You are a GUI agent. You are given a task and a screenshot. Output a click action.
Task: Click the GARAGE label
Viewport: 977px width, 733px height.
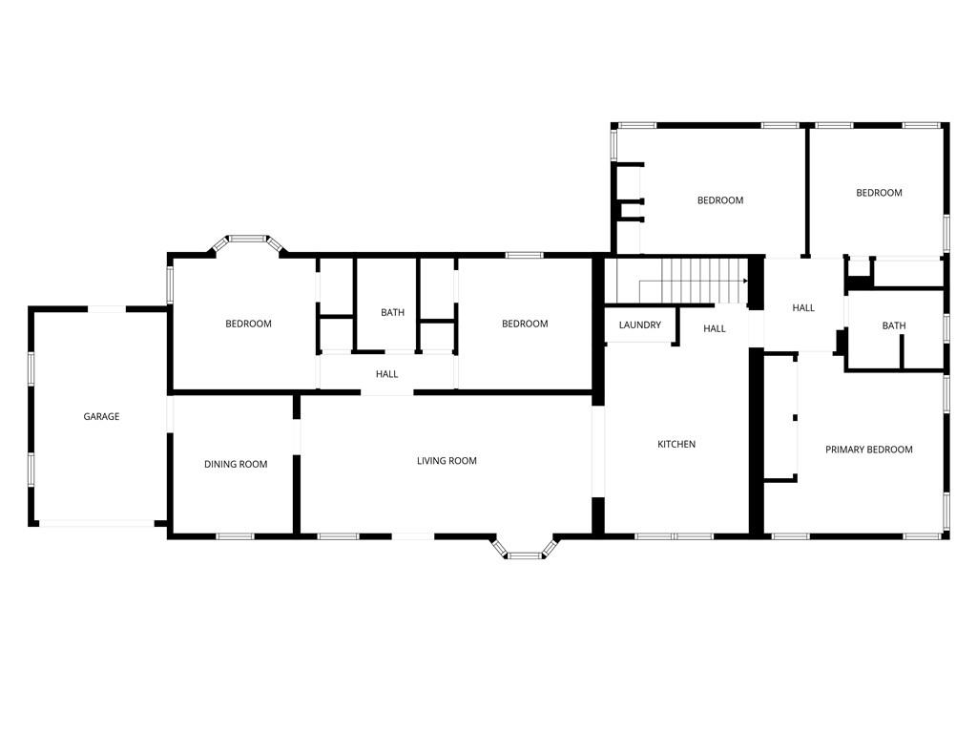click(x=101, y=416)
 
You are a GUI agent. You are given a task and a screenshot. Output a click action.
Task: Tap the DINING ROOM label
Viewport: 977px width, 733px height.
click(x=236, y=464)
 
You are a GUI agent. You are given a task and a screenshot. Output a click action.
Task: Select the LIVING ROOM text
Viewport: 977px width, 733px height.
click(x=447, y=461)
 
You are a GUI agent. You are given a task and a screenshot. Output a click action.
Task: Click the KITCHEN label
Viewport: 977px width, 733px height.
click(x=676, y=444)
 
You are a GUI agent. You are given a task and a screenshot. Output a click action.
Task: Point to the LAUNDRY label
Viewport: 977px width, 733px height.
click(x=640, y=325)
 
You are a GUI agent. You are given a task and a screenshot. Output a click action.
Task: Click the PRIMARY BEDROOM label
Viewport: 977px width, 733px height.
click(x=869, y=450)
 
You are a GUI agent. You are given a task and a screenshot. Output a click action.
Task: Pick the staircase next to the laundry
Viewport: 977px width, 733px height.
click(x=694, y=282)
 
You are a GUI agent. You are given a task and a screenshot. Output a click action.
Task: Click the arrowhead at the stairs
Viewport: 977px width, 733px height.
click(x=745, y=282)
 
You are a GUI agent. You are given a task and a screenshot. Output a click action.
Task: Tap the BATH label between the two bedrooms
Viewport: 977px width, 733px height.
click(x=392, y=312)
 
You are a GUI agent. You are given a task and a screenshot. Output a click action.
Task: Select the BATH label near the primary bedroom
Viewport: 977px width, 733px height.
click(x=894, y=325)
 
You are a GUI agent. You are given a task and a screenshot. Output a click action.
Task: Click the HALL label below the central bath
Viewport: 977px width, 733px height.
click(x=387, y=374)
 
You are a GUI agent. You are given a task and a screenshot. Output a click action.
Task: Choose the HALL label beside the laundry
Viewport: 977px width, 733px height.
click(x=715, y=328)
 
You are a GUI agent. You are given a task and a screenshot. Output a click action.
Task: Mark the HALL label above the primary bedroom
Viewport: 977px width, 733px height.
click(x=803, y=307)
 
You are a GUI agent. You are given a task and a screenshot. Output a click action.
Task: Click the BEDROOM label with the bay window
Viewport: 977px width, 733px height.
click(x=249, y=324)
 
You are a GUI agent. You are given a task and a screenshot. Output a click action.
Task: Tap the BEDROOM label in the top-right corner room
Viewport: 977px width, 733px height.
click(x=879, y=193)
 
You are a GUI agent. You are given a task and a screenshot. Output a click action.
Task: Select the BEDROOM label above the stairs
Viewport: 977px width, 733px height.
click(x=720, y=200)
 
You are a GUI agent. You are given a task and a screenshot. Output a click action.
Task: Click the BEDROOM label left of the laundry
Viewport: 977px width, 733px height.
click(x=526, y=324)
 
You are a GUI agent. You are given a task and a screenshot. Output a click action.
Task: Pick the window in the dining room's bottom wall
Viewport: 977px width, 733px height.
click(x=235, y=536)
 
